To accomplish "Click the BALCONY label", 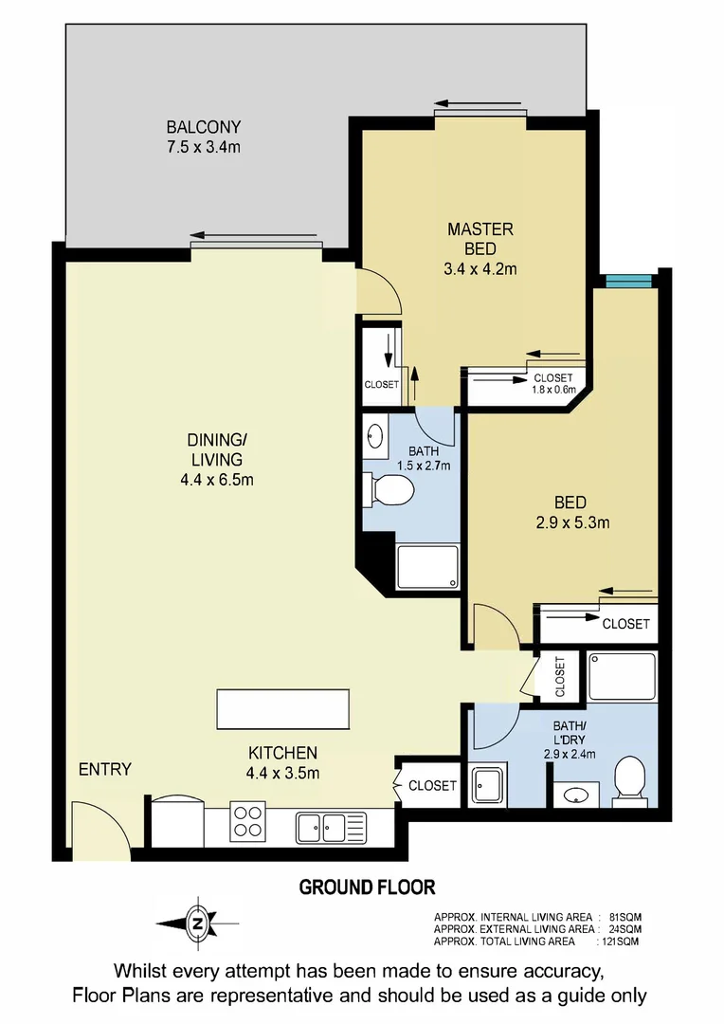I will pos(204,127).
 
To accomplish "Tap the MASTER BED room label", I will pos(480,229).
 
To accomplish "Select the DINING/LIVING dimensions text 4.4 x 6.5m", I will pos(217,480).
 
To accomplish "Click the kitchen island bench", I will pos(282,709).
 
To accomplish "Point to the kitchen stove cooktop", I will pos(248,821).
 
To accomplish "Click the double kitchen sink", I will pos(321,826).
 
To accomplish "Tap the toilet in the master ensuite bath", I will pos(389,490).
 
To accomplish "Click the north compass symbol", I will pos(197,922).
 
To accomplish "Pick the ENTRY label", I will pos(105,769).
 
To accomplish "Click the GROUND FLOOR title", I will pos(368,887).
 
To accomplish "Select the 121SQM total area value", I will pos(620,942).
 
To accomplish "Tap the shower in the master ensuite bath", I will pos(425,566).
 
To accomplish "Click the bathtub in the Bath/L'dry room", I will pos(622,675).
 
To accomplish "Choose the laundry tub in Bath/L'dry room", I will pos(490,785).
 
